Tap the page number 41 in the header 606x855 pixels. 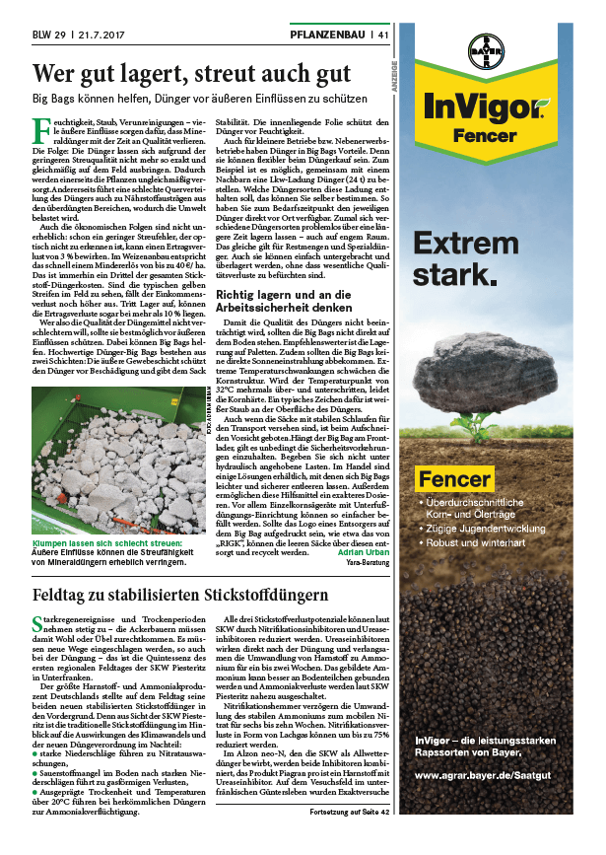383,34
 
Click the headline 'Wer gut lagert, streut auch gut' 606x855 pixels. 192,74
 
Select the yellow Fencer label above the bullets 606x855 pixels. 454,480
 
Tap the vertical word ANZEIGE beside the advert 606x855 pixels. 396,78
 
